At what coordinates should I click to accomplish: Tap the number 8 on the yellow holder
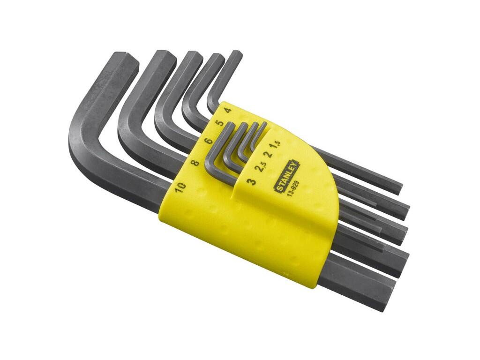coord(195,161)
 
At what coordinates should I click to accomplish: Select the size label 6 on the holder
coord(208,141)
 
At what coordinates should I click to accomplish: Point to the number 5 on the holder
coord(219,123)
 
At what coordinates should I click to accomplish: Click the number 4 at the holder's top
coord(228,110)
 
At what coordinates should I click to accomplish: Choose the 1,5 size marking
coord(277,144)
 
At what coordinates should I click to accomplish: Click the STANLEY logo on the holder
coord(288,177)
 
